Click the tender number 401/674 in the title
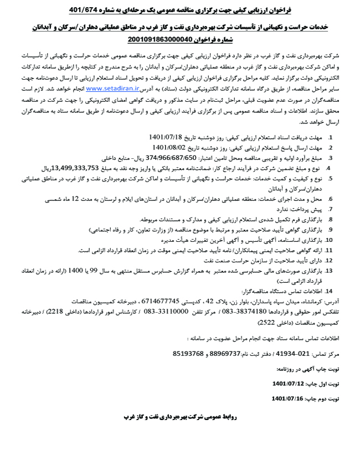[x=86, y=10]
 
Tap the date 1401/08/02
[x=169, y=148]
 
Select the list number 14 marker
[x=328, y=290]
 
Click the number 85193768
[x=188, y=353]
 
